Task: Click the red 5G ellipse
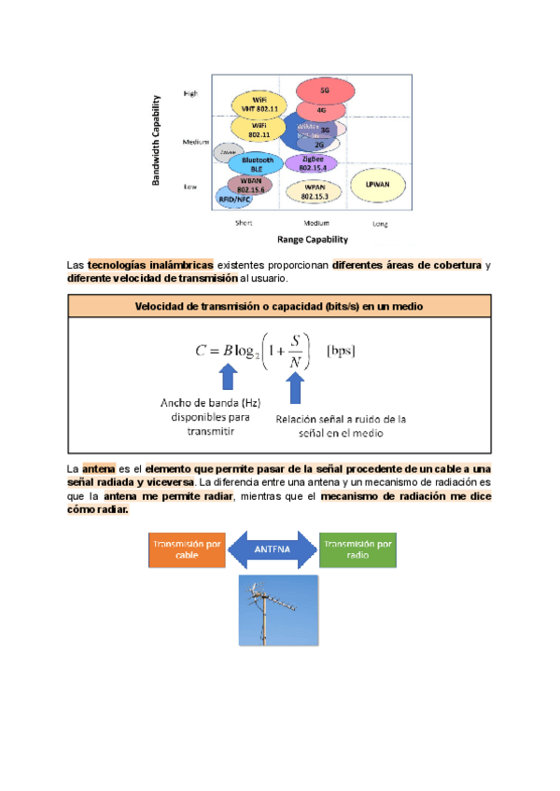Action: tap(324, 91)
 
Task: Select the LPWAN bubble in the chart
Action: tap(378, 183)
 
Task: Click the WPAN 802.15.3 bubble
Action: tap(314, 192)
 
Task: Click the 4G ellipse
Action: tap(321, 110)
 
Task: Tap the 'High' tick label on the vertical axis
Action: tap(190, 93)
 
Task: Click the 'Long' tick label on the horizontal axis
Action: tap(380, 224)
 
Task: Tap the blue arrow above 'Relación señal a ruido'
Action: tap(296, 387)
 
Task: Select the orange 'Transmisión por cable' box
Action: tap(187, 550)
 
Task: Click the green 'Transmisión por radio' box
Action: tap(358, 550)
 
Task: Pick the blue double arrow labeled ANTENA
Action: tap(273, 550)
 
